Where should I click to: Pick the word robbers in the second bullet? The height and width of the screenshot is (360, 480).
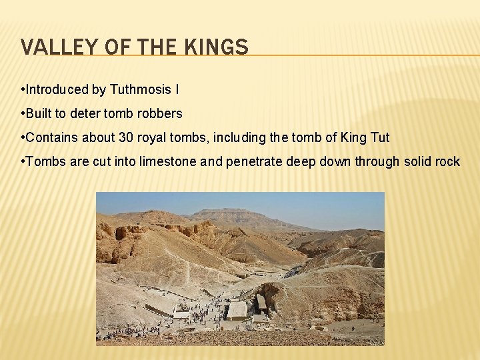(160, 114)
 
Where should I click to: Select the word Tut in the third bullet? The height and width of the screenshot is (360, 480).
(379, 138)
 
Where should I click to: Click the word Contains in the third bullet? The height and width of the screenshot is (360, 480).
(49, 138)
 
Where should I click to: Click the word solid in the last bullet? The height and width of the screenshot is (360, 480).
(417, 162)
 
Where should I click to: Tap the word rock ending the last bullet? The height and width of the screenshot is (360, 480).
(447, 162)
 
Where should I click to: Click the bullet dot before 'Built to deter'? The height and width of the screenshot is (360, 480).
(23, 114)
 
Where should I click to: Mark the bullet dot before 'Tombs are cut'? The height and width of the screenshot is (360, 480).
(23, 162)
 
